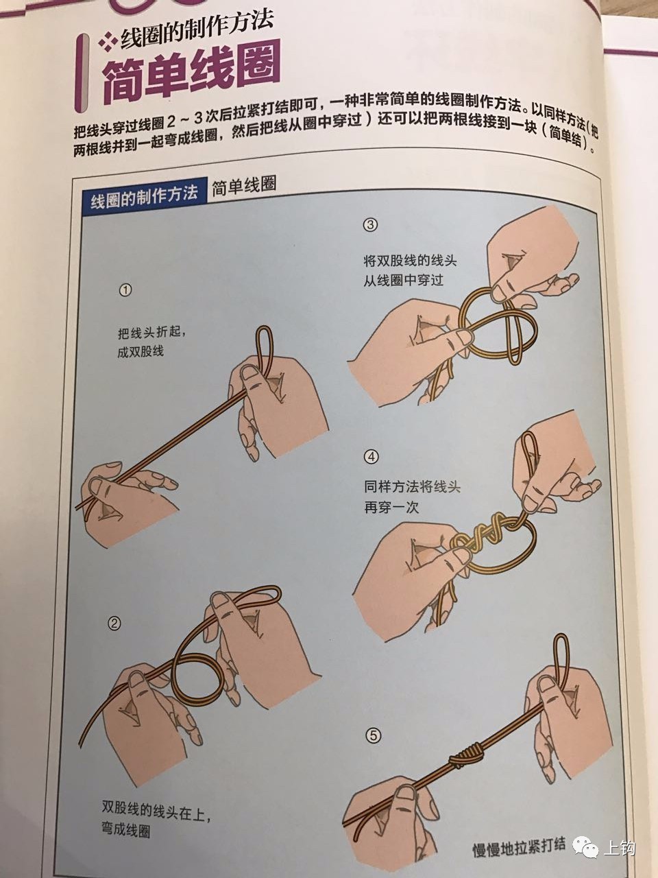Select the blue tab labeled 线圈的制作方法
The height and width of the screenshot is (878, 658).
pos(144,195)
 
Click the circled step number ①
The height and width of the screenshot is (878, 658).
pos(125,290)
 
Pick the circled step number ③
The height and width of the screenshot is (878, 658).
pos(371,225)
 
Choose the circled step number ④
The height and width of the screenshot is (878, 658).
pos(371,456)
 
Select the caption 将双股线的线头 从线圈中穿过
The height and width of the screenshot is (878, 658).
pos(410,271)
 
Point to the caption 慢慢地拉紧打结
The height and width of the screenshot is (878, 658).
pos(519,849)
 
